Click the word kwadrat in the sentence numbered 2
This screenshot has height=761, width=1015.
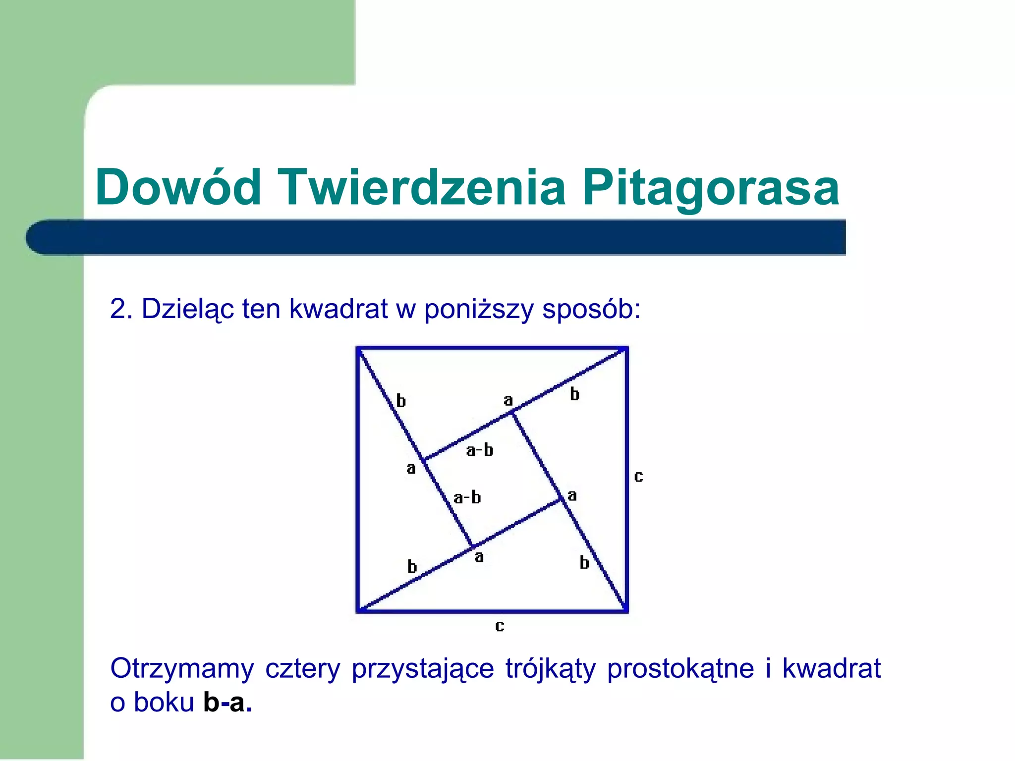tap(338, 309)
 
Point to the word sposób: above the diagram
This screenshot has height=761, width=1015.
tap(591, 310)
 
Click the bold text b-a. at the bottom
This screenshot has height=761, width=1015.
tap(227, 702)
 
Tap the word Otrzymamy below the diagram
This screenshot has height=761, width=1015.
tap(181, 668)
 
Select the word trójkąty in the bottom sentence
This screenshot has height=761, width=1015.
tap(550, 669)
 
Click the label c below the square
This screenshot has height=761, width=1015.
tap(500, 626)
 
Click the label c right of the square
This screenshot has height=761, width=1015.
tap(638, 477)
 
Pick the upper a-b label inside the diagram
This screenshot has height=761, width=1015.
tap(479, 450)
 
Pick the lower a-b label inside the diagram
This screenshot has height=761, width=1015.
tap(467, 497)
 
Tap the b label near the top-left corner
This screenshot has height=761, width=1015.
tap(401, 400)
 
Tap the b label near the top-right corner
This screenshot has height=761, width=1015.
tap(574, 394)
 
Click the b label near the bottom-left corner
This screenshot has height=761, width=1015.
tap(412, 566)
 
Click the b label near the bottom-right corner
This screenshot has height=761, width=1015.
tap(584, 562)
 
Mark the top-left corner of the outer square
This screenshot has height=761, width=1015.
tap(358, 348)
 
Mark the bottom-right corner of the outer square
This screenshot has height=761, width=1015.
tap(626, 611)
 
